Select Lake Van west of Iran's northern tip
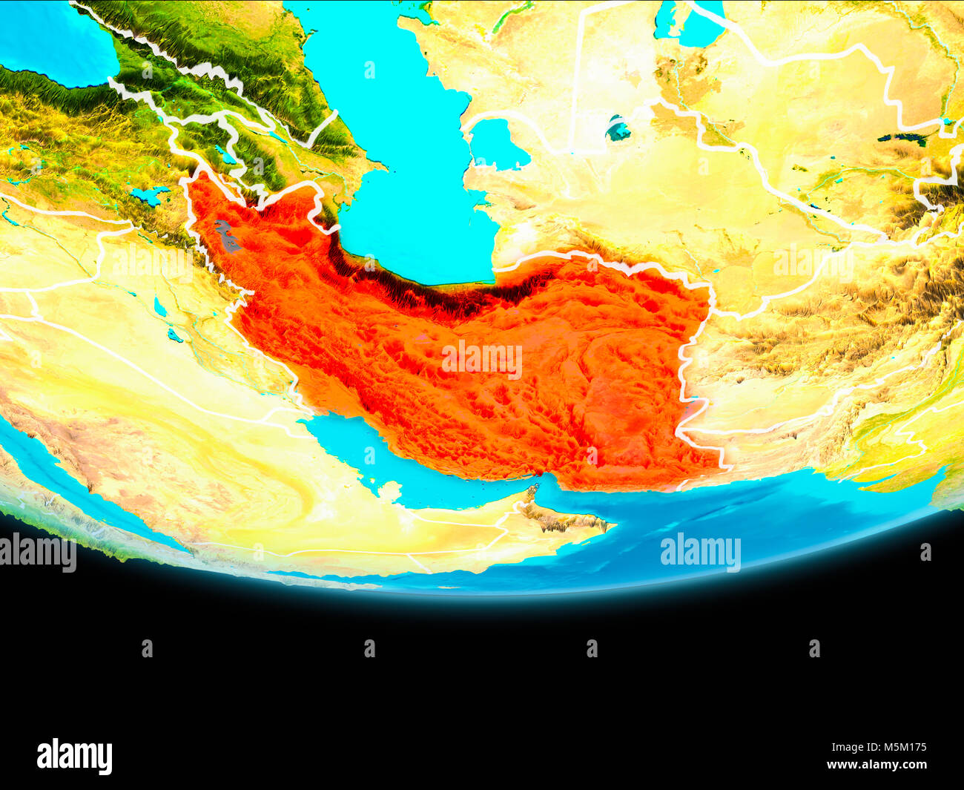[150, 195]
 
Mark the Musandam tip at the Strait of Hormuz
[532, 490]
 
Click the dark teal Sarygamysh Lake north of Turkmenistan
[618, 131]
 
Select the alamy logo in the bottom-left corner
[74, 756]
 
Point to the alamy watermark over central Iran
[482, 361]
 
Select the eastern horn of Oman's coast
[604, 526]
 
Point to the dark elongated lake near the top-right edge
[902, 138]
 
